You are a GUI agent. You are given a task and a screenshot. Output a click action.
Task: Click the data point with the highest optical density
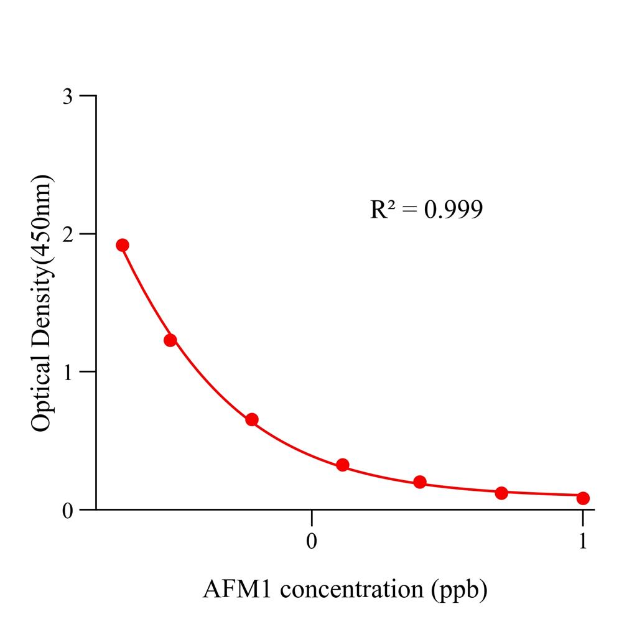tap(123, 245)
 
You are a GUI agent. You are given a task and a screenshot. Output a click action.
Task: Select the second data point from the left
tap(170, 340)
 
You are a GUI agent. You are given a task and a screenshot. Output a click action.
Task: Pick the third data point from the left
tap(252, 419)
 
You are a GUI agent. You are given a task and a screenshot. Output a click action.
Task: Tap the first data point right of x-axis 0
tap(343, 465)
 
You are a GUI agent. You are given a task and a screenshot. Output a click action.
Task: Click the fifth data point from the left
tap(420, 482)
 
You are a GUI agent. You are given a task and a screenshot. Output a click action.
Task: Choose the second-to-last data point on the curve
tap(501, 493)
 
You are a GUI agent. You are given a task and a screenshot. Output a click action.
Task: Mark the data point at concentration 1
tap(583, 498)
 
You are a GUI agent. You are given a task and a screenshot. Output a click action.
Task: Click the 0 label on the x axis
tap(312, 541)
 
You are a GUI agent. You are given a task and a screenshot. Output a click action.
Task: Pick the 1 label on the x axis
tap(583, 541)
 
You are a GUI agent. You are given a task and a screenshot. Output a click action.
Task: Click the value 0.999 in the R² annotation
tap(453, 210)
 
